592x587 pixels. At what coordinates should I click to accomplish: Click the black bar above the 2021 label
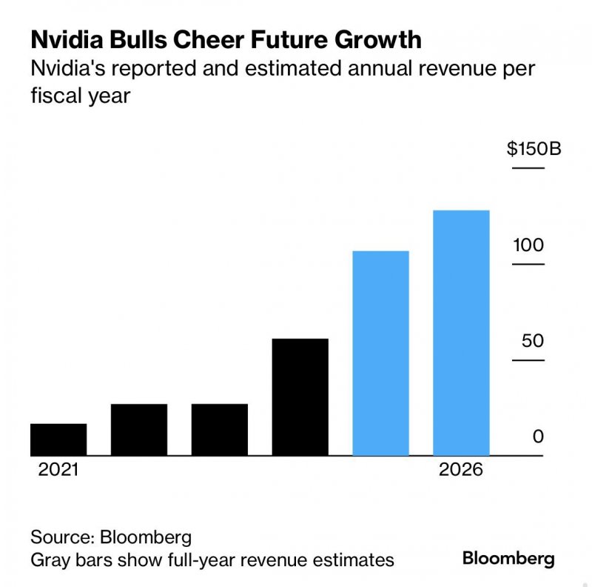pyautogui.click(x=58, y=440)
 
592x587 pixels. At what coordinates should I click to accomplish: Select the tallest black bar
pyautogui.click(x=300, y=397)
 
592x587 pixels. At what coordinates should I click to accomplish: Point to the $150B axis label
pyautogui.click(x=534, y=149)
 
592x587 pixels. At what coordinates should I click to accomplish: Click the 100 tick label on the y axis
pyautogui.click(x=528, y=245)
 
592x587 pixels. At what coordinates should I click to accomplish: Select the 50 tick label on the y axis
pyautogui.click(x=532, y=341)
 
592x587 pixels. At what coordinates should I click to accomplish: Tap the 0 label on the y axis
pyautogui.click(x=538, y=437)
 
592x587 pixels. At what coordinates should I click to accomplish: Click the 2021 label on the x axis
pyautogui.click(x=58, y=471)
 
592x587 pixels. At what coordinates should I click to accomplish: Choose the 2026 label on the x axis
pyautogui.click(x=460, y=471)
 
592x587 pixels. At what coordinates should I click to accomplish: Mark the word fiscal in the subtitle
pyautogui.click(x=54, y=96)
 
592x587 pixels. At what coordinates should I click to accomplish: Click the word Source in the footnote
pyautogui.click(x=61, y=537)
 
